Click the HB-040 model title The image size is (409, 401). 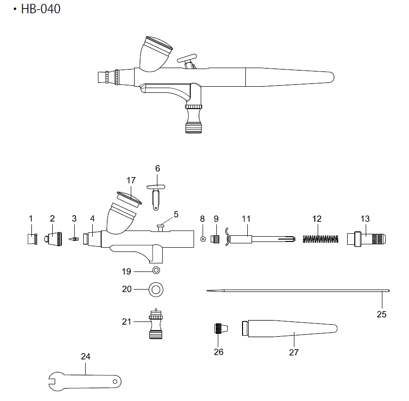(x=41, y=9)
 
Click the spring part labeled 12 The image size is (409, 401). (x=321, y=239)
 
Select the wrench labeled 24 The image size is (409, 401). (x=85, y=381)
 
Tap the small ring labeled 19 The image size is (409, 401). (x=156, y=270)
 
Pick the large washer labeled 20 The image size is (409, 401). (x=156, y=290)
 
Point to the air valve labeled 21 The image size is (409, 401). (x=156, y=324)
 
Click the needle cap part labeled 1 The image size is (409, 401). (x=32, y=239)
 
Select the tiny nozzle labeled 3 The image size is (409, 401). (x=74, y=239)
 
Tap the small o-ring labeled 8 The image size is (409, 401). (x=203, y=239)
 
